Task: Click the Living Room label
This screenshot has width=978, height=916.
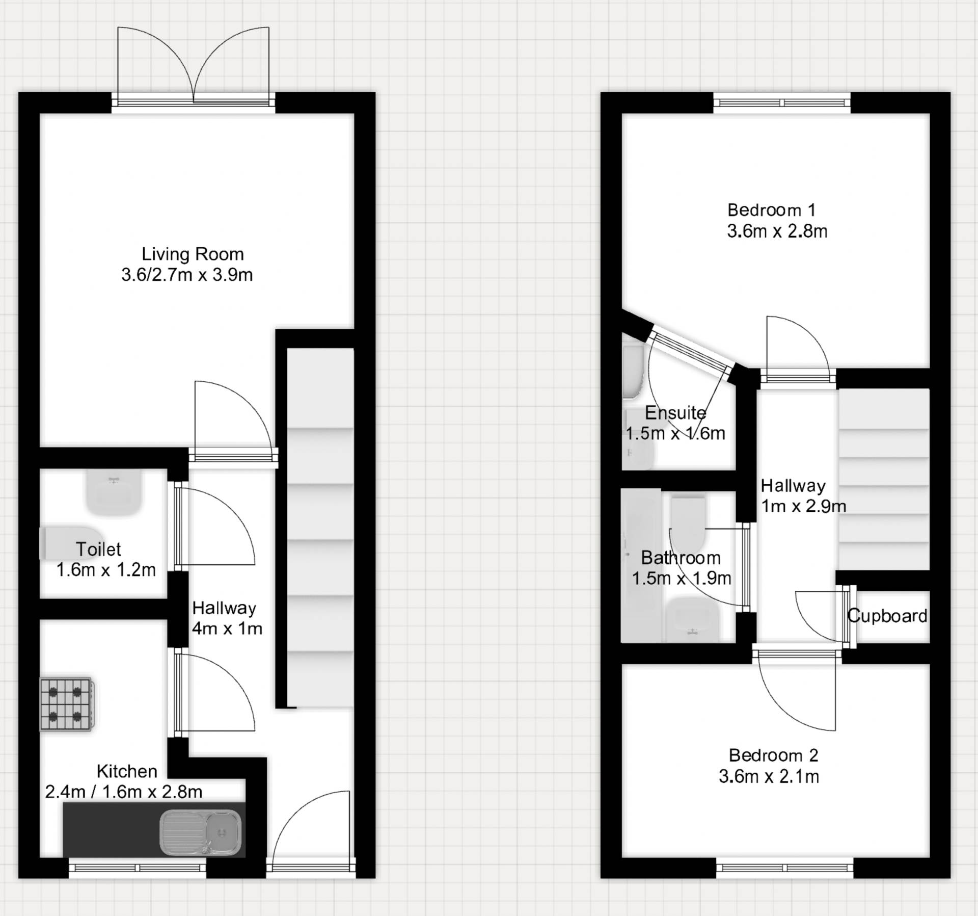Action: click(x=192, y=254)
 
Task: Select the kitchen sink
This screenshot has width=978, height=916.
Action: click(x=200, y=832)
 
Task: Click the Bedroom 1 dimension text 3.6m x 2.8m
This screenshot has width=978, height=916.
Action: click(x=777, y=231)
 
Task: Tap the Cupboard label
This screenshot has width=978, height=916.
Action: click(x=887, y=616)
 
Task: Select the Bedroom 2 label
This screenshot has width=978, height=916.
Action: click(x=773, y=755)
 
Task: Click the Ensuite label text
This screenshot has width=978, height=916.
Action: click(x=675, y=412)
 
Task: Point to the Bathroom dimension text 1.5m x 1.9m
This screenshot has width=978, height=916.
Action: click(x=682, y=578)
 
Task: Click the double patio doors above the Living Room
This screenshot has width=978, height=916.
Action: click(x=193, y=66)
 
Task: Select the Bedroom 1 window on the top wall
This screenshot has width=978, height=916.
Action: click(x=781, y=102)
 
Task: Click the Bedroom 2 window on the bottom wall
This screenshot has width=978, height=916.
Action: click(x=784, y=868)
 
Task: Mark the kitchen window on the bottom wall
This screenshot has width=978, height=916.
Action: click(x=138, y=868)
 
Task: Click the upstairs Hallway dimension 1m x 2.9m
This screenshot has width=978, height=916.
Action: click(x=803, y=506)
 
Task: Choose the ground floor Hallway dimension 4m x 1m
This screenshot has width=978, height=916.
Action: click(x=227, y=629)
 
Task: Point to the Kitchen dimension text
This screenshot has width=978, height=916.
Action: click(x=124, y=792)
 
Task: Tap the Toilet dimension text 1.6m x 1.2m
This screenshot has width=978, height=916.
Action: click(x=105, y=570)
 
